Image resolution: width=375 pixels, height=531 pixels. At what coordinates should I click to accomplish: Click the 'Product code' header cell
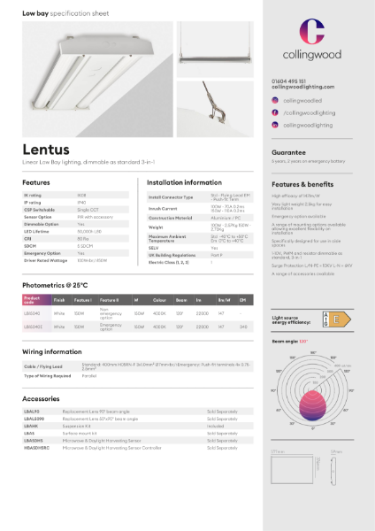(34, 300)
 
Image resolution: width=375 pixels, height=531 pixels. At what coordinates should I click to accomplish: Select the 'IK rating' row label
(33, 195)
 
